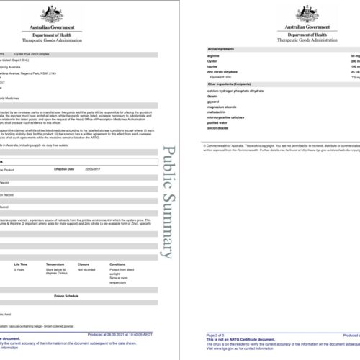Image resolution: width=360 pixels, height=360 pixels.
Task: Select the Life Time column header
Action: pos(19,264)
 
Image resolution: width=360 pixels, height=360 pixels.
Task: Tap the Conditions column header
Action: pos(117,264)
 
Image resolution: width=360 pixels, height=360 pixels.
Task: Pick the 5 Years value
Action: pos(19,269)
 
